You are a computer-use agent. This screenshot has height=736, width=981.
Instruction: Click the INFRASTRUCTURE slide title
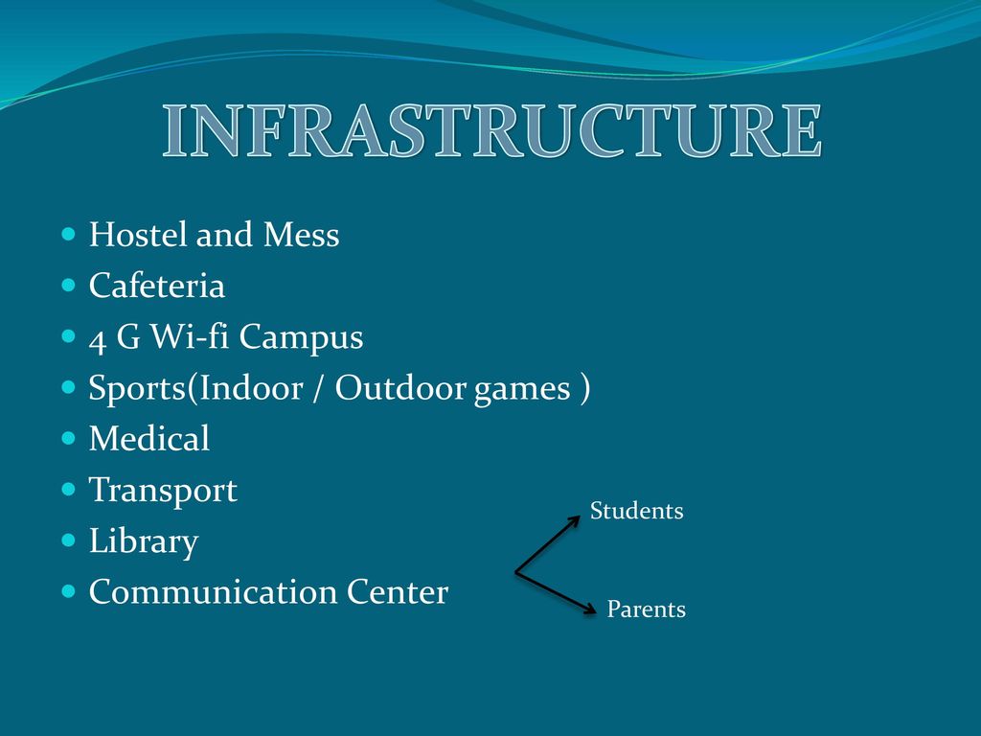point(491,130)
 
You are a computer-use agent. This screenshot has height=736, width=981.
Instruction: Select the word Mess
point(301,235)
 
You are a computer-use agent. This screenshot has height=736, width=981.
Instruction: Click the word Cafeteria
point(156,286)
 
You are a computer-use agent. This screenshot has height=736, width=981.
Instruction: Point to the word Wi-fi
point(190,336)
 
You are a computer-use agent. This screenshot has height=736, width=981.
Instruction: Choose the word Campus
point(301,338)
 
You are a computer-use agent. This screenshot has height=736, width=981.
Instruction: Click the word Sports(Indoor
point(195,388)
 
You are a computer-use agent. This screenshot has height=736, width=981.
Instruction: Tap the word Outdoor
point(400,388)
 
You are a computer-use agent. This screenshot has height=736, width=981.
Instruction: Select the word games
point(522,390)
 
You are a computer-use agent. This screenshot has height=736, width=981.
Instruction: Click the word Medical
point(148,438)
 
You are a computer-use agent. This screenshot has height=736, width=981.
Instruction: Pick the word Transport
point(163,491)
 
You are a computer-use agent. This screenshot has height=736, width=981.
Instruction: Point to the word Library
point(144,541)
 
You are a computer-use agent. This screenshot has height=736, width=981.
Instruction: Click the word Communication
point(213,591)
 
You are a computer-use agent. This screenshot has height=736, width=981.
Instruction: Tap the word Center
point(398,591)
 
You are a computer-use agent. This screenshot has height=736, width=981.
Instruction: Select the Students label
point(636,511)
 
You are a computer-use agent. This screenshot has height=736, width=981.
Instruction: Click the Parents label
point(647,609)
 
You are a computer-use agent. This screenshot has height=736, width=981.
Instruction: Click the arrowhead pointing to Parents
point(589,609)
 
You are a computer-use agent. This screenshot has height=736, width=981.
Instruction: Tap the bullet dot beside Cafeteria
point(69,286)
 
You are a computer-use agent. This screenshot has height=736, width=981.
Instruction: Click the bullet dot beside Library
point(69,540)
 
